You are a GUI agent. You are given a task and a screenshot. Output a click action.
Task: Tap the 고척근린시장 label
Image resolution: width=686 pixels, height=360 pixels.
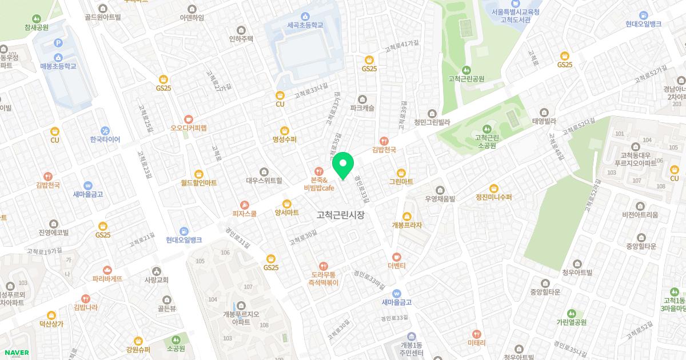[340, 215]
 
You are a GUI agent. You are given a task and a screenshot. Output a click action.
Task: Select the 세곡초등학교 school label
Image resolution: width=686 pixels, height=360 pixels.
[305, 26]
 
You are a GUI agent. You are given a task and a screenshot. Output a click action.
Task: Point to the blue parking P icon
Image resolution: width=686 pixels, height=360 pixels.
[57, 43]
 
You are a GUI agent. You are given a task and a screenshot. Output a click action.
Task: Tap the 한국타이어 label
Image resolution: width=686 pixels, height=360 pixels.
[105, 139]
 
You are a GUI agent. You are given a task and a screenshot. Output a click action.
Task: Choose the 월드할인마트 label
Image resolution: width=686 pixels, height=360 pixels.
[198, 183]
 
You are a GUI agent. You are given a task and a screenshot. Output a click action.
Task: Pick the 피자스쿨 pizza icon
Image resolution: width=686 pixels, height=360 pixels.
[245, 205]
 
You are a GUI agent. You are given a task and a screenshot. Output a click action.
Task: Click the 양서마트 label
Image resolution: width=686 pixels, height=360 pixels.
[287, 213]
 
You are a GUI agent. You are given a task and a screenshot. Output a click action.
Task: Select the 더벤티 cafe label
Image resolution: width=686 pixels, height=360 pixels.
[396, 266]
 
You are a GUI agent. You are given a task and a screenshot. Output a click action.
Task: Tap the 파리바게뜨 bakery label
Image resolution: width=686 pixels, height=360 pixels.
[107, 279]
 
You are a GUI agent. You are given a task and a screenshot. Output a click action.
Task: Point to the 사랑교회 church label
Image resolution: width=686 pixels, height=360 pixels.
[157, 280]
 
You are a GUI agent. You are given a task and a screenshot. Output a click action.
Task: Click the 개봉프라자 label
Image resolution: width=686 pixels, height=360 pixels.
[406, 225]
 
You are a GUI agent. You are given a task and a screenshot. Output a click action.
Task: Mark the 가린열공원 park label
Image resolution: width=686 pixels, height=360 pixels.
[571, 322]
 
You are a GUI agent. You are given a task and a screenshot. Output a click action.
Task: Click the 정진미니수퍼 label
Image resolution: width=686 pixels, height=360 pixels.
[493, 197]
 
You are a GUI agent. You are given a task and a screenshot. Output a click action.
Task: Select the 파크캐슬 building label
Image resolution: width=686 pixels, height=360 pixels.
[362, 107]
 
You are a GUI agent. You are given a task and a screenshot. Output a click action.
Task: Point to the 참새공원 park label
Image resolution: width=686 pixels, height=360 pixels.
[37, 27]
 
